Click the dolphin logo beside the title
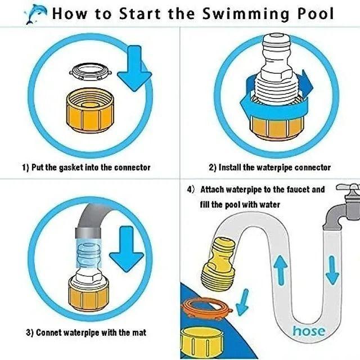coord(35,13)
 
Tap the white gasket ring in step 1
coord(91,72)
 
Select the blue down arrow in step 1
coord(134,68)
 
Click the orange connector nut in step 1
coord(90,110)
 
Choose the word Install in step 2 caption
coord(229,168)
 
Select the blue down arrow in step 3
coord(126,249)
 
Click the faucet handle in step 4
coord(348,187)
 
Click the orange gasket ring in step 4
coord(206,308)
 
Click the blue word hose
coord(309,331)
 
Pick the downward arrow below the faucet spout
coord(332,271)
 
